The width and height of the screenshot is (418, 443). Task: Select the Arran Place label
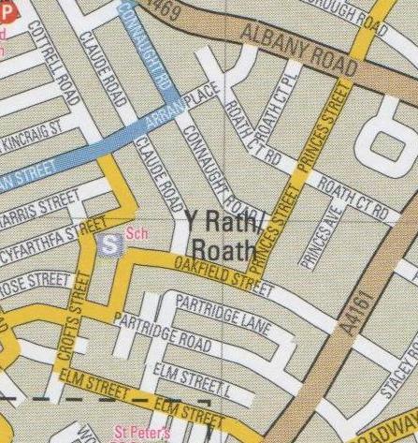coord(180,111)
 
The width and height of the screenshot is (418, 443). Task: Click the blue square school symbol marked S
coord(110,244)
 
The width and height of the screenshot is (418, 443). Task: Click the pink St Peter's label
coord(136,434)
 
